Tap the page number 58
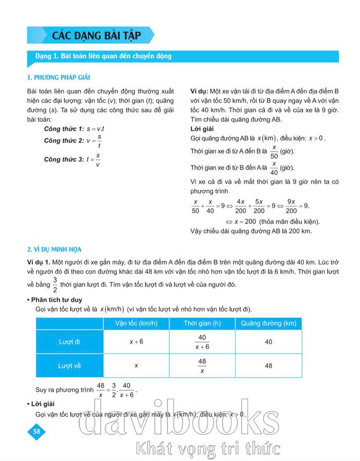click(36, 431)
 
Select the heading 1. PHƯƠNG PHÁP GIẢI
click(58, 77)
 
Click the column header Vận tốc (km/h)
click(136, 323)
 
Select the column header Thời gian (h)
click(202, 323)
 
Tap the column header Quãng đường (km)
click(268, 323)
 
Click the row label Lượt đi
click(70, 342)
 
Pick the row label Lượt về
click(70, 365)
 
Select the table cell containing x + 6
click(136, 342)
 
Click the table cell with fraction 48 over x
click(202, 365)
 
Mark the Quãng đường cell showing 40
click(268, 342)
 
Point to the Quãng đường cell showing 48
click(268, 365)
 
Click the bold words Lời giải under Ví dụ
click(202, 128)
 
